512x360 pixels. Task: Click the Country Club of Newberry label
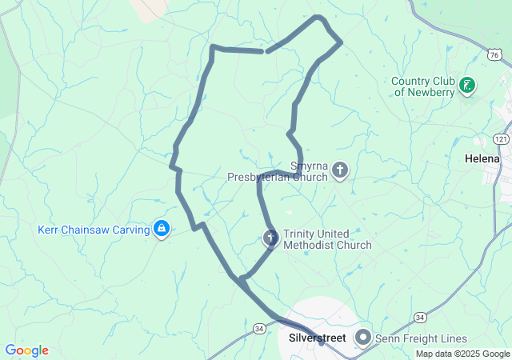point(422,86)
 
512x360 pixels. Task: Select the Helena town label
point(482,158)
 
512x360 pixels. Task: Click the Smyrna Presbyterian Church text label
point(277,171)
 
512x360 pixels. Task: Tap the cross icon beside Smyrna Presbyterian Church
point(340,169)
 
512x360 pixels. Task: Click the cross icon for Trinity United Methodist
point(271,237)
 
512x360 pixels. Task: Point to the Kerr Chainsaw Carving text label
point(94,230)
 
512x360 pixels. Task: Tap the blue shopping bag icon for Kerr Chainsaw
point(162,230)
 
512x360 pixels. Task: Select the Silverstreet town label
point(317,338)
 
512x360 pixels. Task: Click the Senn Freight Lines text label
point(421,338)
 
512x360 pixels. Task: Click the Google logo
point(26,350)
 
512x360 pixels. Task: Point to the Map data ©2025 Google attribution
point(462,354)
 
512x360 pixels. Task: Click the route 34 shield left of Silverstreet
point(258,328)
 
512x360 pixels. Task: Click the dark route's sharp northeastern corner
point(341,41)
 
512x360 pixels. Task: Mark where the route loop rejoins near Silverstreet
point(240,278)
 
